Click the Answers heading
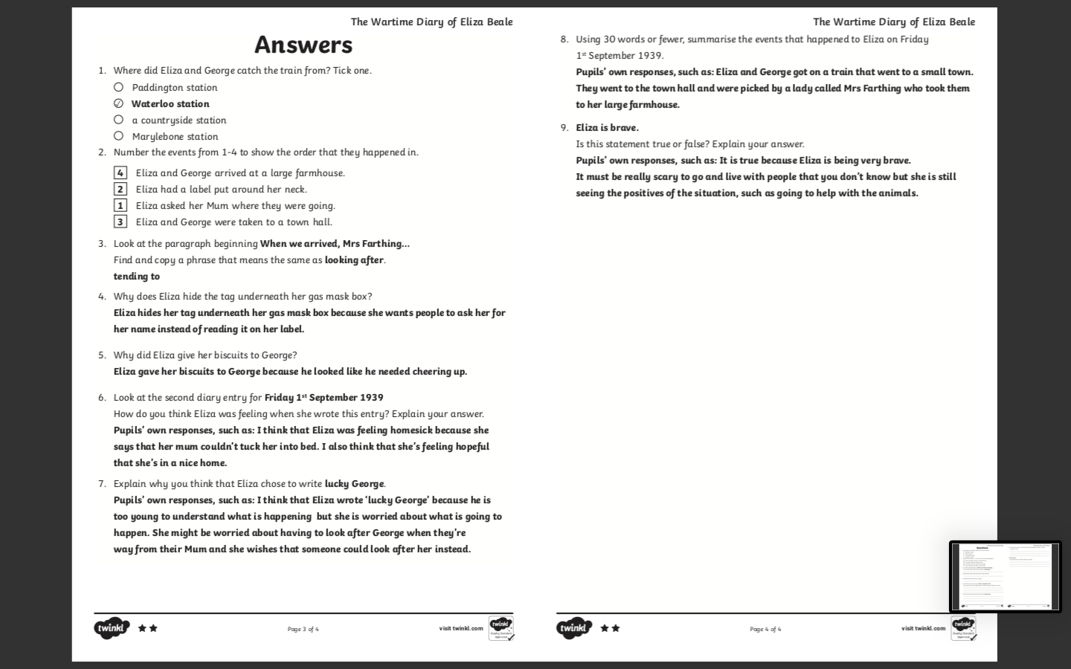tap(303, 45)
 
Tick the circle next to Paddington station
tap(118, 87)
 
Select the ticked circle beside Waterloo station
tap(118, 103)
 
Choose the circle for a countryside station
tap(118, 120)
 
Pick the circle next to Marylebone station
tap(118, 136)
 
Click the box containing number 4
tap(120, 173)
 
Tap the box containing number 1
tap(120, 206)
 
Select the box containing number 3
tap(120, 222)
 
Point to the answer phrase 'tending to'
tap(137, 277)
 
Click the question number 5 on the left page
tap(102, 355)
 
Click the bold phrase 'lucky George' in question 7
tap(354, 484)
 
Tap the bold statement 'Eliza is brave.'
tap(607, 128)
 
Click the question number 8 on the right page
tap(564, 39)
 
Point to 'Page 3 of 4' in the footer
tap(303, 630)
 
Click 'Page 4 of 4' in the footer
tap(765, 630)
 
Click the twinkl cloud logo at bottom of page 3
tap(111, 628)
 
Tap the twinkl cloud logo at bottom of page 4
tap(573, 628)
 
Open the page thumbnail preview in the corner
tap(1005, 576)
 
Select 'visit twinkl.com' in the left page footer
tap(461, 629)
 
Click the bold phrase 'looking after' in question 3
tap(354, 260)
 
